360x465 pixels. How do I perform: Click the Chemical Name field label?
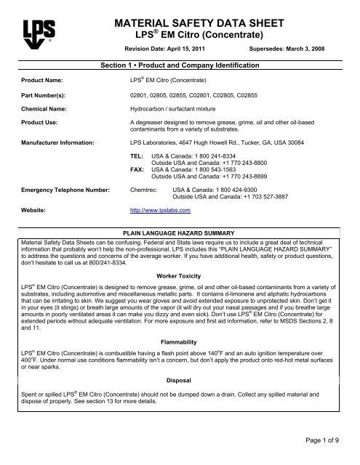click(x=45, y=114)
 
